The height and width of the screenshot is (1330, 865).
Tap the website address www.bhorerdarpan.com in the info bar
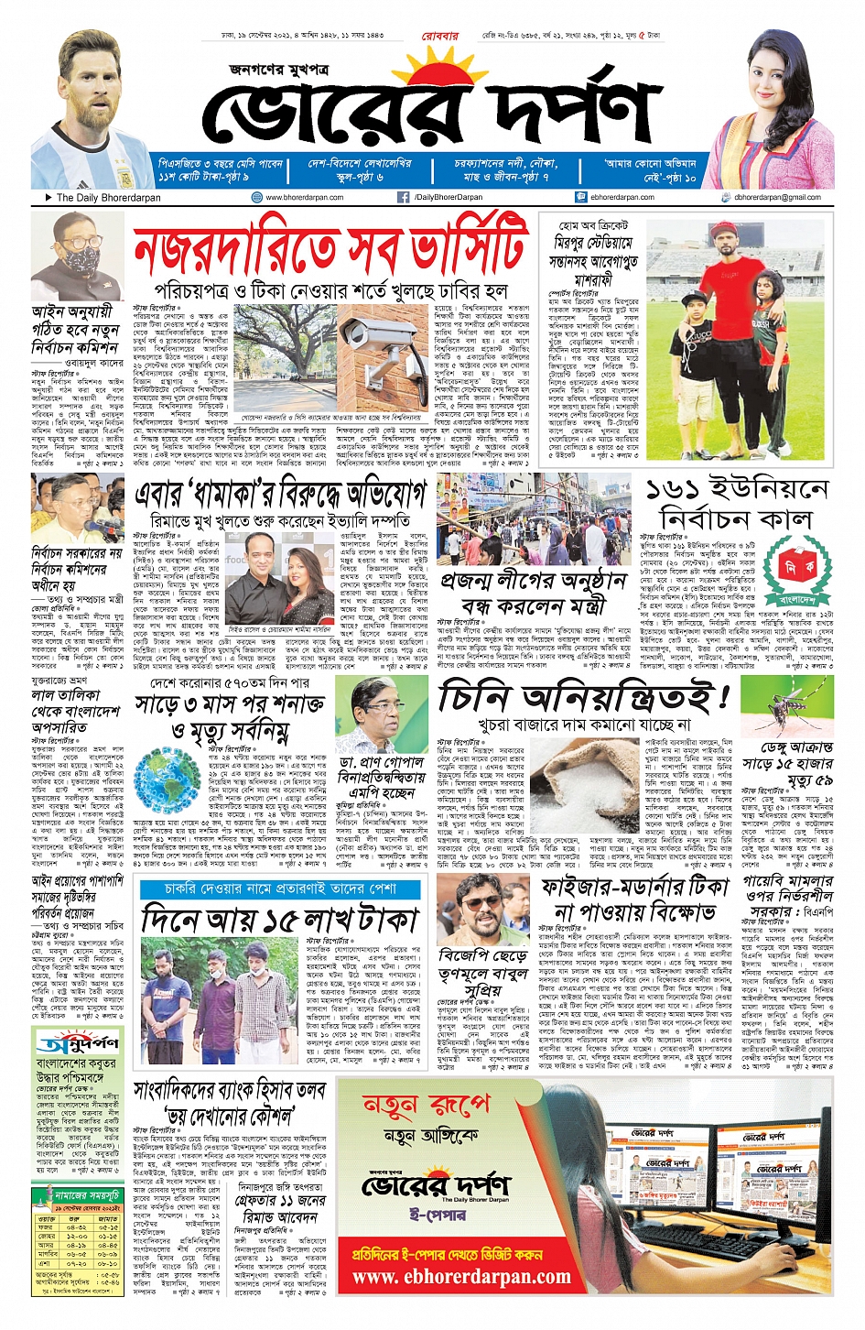304,197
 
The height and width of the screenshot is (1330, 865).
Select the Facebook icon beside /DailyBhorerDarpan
403,197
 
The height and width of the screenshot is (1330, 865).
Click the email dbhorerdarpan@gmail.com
777,197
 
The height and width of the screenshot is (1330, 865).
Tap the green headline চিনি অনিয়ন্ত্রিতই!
584,699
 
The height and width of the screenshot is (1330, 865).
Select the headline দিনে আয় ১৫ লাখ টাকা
280,920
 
